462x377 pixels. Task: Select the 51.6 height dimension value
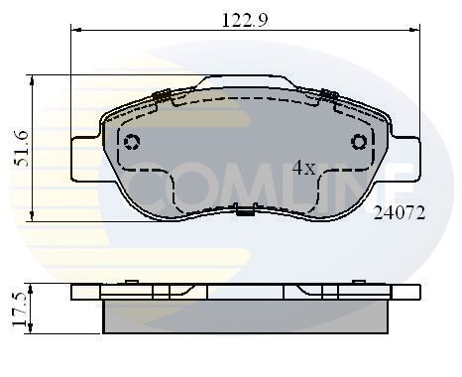coord(18,148)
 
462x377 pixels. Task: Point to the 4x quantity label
coord(303,169)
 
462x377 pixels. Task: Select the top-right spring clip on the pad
coord(328,95)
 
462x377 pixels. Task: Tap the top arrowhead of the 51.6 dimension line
coord(36,77)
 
